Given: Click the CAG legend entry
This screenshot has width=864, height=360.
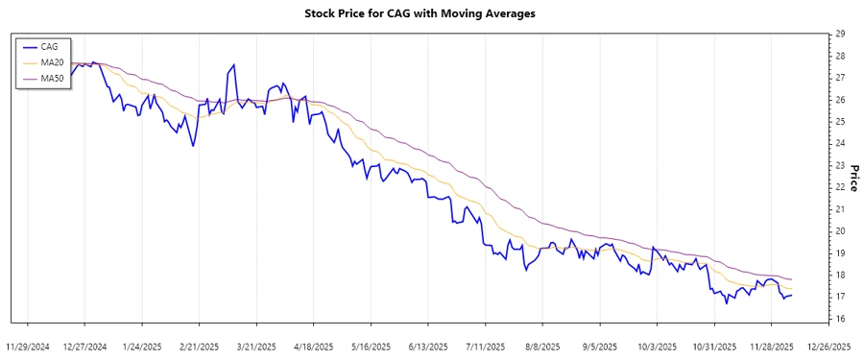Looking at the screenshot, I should [x=49, y=46].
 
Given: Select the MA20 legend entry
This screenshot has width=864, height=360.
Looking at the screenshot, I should [x=52, y=61].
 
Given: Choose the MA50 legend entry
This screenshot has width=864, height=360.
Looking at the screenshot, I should [x=52, y=77].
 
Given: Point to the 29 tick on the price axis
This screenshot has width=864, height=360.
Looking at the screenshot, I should [x=840, y=34].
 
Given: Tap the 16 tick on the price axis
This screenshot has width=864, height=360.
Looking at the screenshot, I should [x=840, y=319].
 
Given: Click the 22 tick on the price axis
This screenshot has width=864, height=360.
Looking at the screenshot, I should [x=840, y=187].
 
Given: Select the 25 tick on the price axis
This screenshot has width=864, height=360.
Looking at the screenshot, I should [x=840, y=122].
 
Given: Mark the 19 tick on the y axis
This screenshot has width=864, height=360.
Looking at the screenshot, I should [x=840, y=253].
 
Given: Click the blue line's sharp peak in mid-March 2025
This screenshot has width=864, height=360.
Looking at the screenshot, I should [x=233, y=65].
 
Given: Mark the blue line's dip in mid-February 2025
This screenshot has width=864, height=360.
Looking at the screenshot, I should [x=194, y=146].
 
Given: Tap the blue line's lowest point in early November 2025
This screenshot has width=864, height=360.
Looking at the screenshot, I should [x=726, y=303].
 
